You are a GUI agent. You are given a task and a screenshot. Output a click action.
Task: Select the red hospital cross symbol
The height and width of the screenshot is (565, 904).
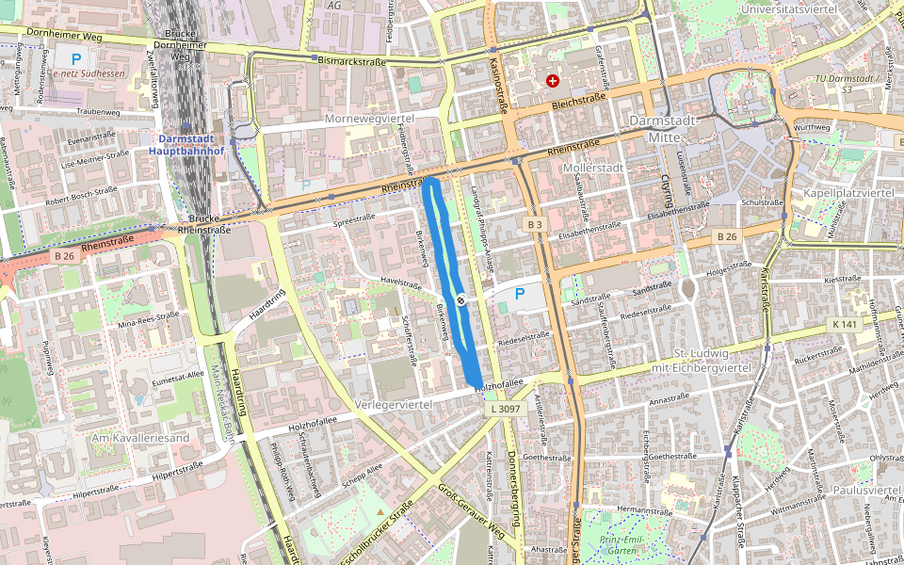coord(552,82)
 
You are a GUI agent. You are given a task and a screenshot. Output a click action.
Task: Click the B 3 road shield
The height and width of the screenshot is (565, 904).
coord(535,224)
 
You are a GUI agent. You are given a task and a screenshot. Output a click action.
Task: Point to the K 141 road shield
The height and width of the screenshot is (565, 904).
coord(845,324)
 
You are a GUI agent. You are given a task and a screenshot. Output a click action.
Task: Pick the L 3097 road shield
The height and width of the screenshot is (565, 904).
coord(506,410)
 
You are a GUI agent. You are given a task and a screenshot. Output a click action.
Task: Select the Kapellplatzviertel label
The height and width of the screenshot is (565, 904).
coord(847,193)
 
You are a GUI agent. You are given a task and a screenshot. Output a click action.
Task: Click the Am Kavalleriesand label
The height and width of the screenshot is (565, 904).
coord(140,438)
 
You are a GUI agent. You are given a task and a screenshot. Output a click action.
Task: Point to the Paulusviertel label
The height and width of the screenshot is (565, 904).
coord(866,491)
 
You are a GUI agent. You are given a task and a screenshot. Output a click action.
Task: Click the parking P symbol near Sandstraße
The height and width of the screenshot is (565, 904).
coord(519,294)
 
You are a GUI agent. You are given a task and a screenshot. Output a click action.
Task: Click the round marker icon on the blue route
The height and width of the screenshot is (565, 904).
coord(461,299)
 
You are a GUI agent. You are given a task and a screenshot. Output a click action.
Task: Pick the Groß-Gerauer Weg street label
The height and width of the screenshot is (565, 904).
coord(472,512)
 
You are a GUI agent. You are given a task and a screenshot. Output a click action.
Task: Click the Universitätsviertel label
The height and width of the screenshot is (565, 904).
coord(789,8)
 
